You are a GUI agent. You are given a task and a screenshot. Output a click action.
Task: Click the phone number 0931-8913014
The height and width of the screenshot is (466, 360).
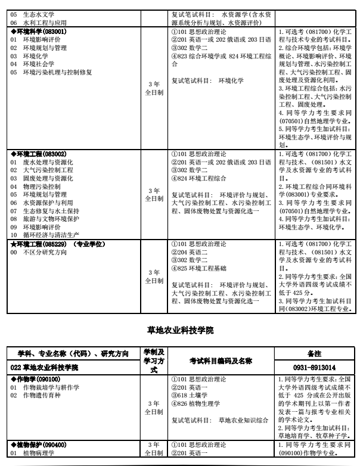(x=314, y=368)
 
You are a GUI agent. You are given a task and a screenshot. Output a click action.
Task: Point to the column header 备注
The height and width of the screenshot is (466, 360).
(x=314, y=353)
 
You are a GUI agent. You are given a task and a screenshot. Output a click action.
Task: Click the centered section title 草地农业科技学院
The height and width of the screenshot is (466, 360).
(x=180, y=330)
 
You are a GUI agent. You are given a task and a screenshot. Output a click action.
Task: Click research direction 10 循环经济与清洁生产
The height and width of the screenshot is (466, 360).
(x=47, y=235)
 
